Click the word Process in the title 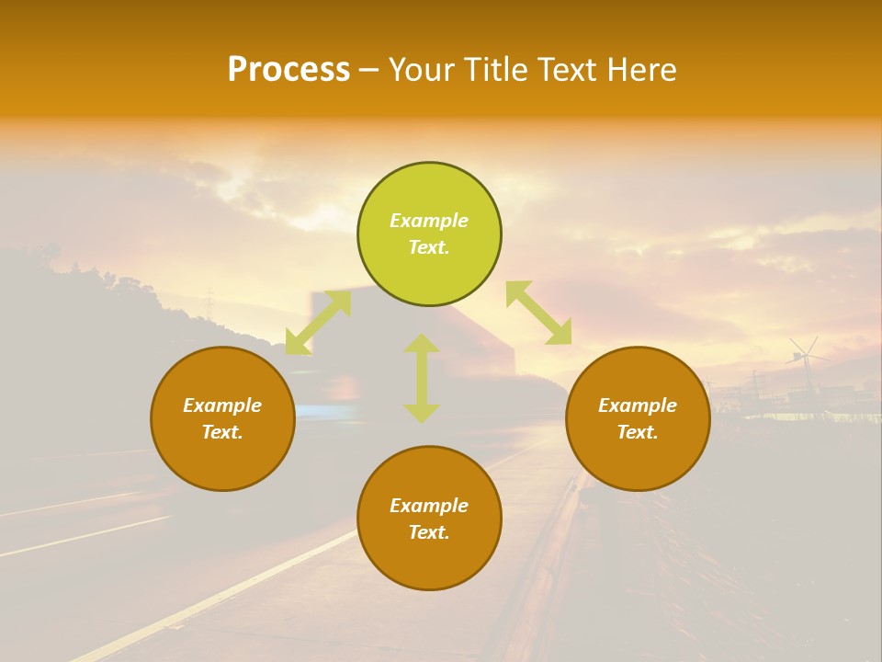pyautogui.click(x=288, y=70)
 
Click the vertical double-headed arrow pyautogui.click(x=422, y=378)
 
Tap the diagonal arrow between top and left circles pyautogui.click(x=318, y=323)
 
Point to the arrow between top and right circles pyautogui.click(x=538, y=314)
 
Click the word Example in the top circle pyautogui.click(x=429, y=221)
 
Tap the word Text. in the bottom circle pyautogui.click(x=429, y=533)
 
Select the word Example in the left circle pyautogui.click(x=222, y=405)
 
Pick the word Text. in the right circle pyautogui.click(x=638, y=432)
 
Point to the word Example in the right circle pyautogui.click(x=638, y=405)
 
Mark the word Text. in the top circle pyautogui.click(x=429, y=248)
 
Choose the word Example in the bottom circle pyautogui.click(x=429, y=506)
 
